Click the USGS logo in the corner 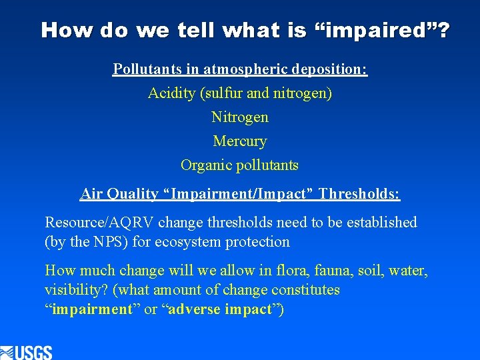[x=27, y=352]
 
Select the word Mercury [x=240, y=141]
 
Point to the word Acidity [x=171, y=93]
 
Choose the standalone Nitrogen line [x=240, y=117]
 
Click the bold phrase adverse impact [x=222, y=310]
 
